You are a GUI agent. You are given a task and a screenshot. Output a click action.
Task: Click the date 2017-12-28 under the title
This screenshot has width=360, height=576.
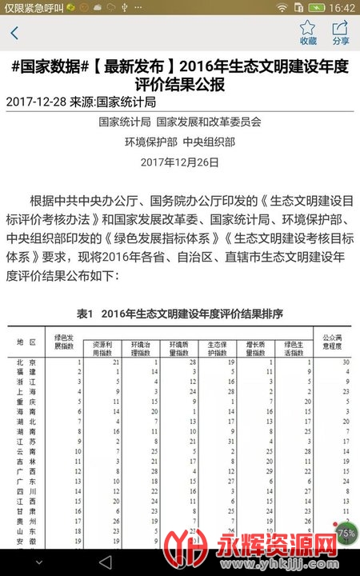(38, 102)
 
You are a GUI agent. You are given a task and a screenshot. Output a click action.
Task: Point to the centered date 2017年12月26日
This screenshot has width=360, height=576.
(179, 162)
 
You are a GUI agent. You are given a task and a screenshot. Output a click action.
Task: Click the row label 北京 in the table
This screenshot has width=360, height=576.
(27, 362)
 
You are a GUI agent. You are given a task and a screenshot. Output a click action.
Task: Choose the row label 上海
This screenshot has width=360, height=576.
(27, 392)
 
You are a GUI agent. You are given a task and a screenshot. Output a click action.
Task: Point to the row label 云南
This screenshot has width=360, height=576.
(27, 451)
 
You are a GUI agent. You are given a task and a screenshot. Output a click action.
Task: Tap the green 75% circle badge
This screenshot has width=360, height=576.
(346, 532)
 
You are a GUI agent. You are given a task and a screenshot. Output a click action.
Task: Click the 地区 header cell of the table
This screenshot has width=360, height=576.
(27, 342)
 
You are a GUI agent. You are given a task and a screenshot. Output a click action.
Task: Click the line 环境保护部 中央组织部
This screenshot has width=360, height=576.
(179, 142)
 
